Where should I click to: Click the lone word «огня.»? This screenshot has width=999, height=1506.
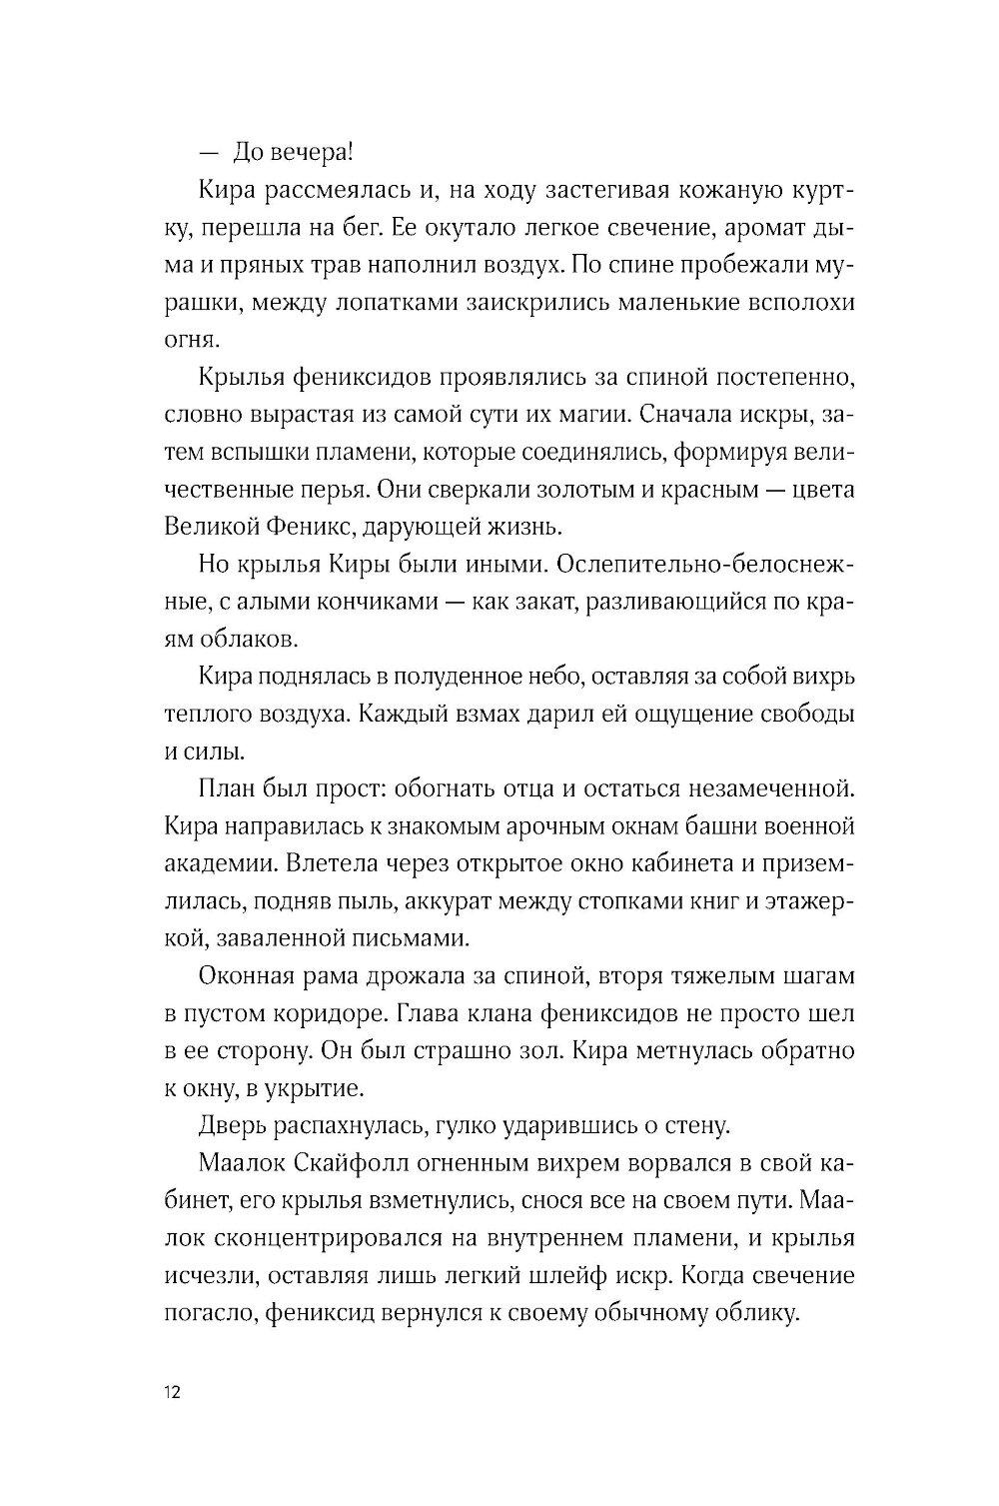coord(187,341)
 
